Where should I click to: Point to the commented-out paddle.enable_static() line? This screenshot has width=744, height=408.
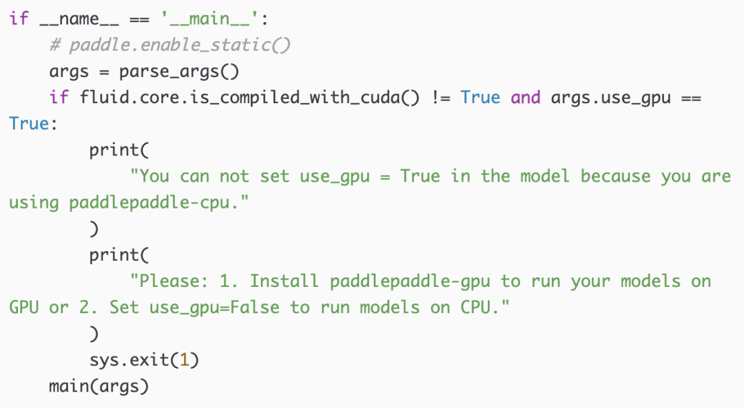point(170,45)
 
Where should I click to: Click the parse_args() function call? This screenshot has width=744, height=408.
point(179,72)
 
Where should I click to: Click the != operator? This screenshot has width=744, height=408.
point(441,98)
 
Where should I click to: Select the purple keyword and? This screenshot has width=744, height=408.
point(526,98)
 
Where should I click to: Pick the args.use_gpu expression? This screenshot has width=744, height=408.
point(610,98)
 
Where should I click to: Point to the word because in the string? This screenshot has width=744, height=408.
point(615,177)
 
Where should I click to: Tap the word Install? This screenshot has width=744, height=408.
point(284,281)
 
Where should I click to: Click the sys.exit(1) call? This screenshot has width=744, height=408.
point(144,360)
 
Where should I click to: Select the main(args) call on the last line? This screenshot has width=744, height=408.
point(99,386)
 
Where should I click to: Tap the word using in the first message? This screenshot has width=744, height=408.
point(34,203)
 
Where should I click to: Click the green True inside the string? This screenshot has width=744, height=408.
point(420,177)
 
